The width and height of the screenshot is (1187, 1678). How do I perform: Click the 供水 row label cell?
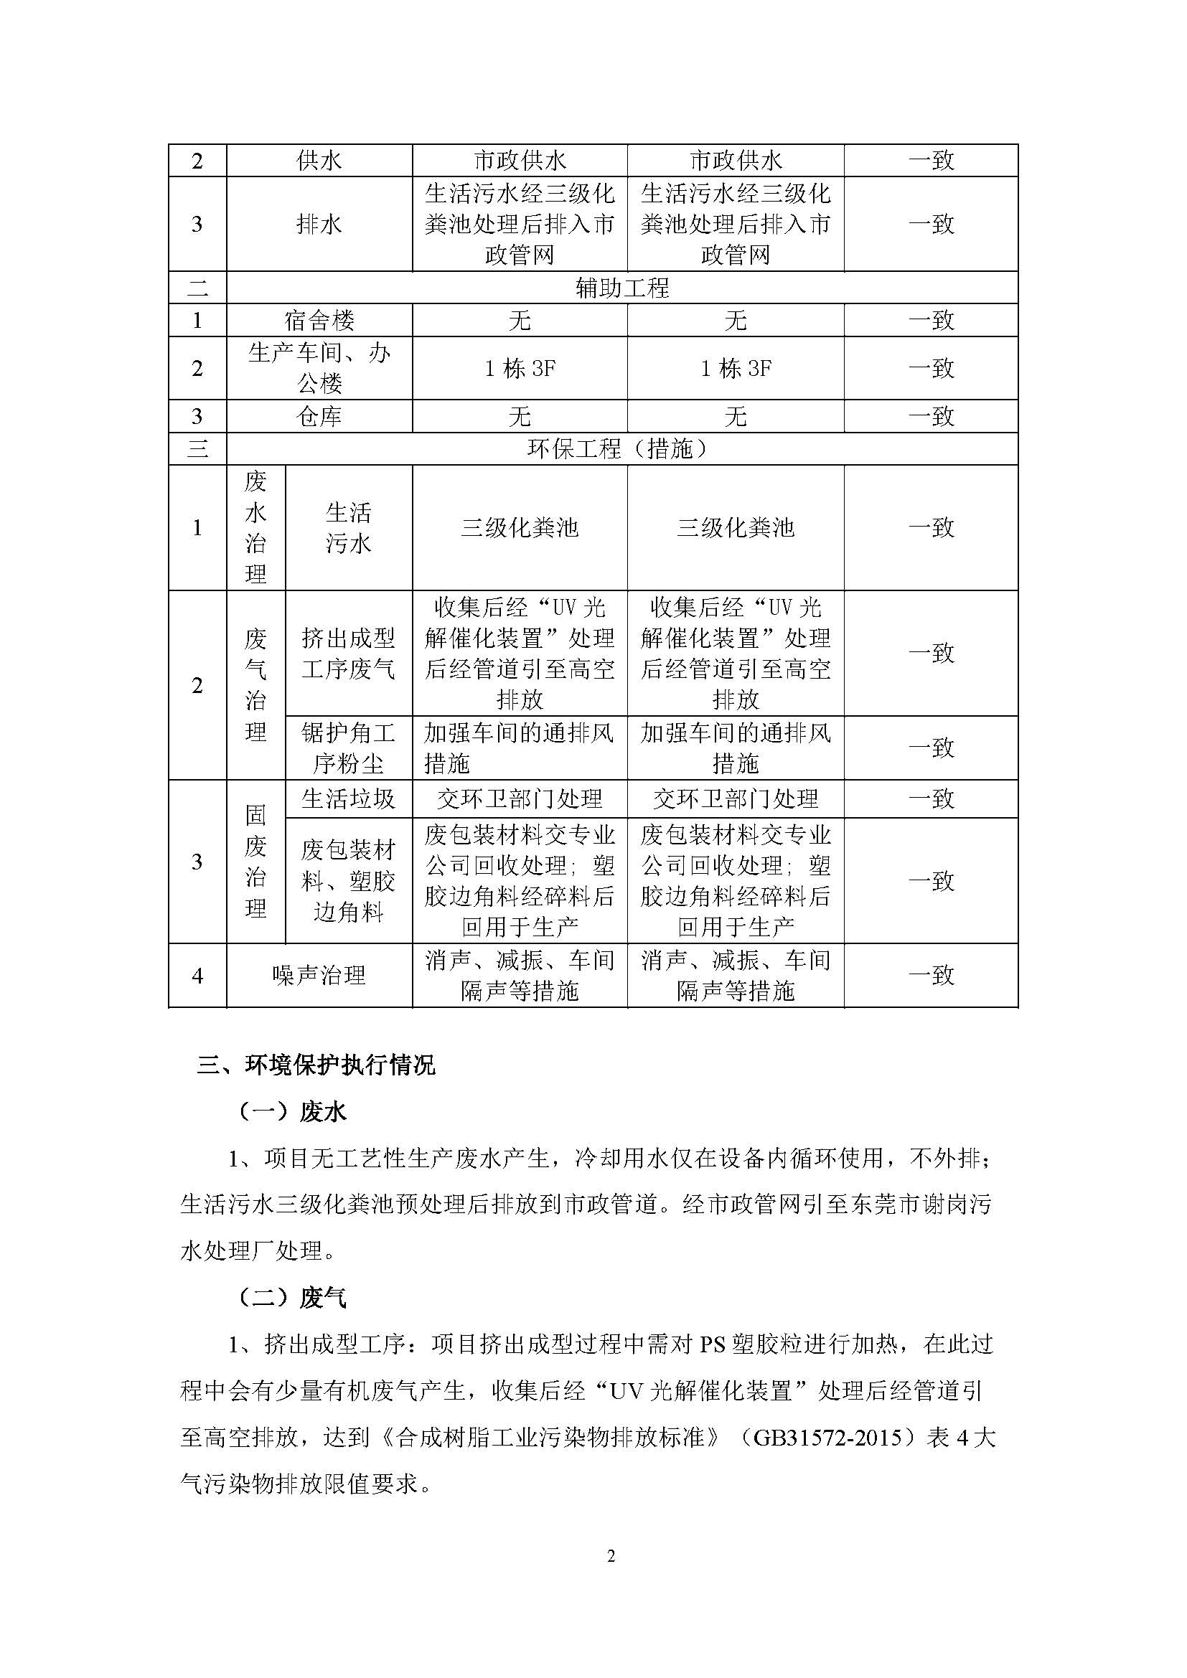click(319, 161)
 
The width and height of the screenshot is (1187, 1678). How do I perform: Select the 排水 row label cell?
click(319, 225)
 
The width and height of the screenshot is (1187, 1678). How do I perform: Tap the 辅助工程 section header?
click(622, 288)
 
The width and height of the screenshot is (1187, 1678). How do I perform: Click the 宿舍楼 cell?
click(319, 320)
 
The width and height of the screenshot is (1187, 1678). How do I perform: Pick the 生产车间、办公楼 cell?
click(319, 367)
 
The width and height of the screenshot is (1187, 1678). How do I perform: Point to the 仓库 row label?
click(319, 417)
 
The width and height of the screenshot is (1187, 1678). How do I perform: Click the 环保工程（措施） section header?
click(622, 448)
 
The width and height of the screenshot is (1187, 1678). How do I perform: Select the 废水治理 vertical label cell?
click(255, 528)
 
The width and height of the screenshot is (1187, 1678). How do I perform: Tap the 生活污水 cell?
click(348, 528)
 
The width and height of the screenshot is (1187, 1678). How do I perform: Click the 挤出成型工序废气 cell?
click(348, 654)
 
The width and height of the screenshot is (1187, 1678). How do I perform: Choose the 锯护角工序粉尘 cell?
click(348, 748)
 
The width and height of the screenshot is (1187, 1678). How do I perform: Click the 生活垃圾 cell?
click(348, 798)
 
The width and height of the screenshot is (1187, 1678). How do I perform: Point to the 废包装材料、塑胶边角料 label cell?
click(348, 881)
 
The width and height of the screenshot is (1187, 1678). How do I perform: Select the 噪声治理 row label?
click(319, 976)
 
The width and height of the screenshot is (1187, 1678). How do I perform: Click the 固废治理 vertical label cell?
click(255, 862)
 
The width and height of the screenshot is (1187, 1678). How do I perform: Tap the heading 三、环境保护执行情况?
click(316, 1065)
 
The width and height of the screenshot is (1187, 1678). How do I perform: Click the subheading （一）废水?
click(292, 1113)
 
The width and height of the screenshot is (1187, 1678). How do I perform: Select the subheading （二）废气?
click(292, 1298)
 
